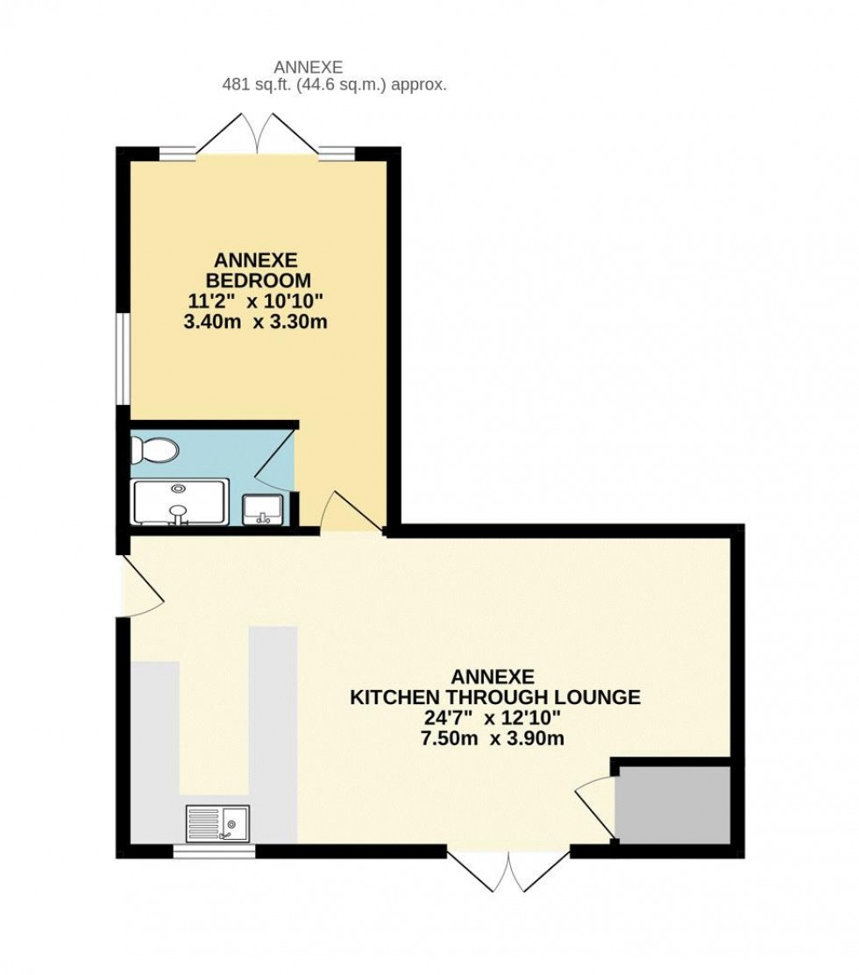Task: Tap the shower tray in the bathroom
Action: click(x=179, y=502)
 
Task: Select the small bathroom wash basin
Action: click(x=261, y=508)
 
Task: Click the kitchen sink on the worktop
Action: click(x=217, y=822)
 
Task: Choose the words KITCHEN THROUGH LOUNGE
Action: click(x=495, y=698)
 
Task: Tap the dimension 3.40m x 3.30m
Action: click(x=257, y=322)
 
